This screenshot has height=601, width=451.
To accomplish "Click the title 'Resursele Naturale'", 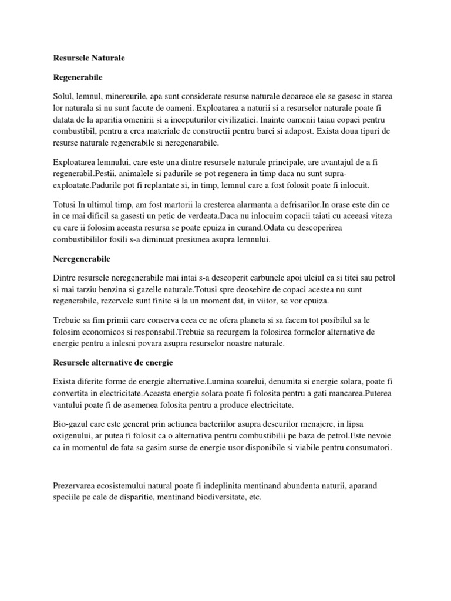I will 85,59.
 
